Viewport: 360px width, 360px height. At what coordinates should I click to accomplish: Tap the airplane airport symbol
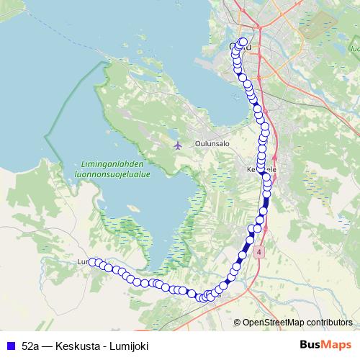(x=179, y=145)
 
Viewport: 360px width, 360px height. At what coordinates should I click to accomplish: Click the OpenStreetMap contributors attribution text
(x=297, y=322)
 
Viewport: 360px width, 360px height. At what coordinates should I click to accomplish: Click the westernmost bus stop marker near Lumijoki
(x=92, y=262)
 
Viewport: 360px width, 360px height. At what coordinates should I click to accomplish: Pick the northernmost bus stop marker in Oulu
(x=243, y=42)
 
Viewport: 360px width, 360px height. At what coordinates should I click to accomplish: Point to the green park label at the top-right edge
(x=355, y=50)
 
